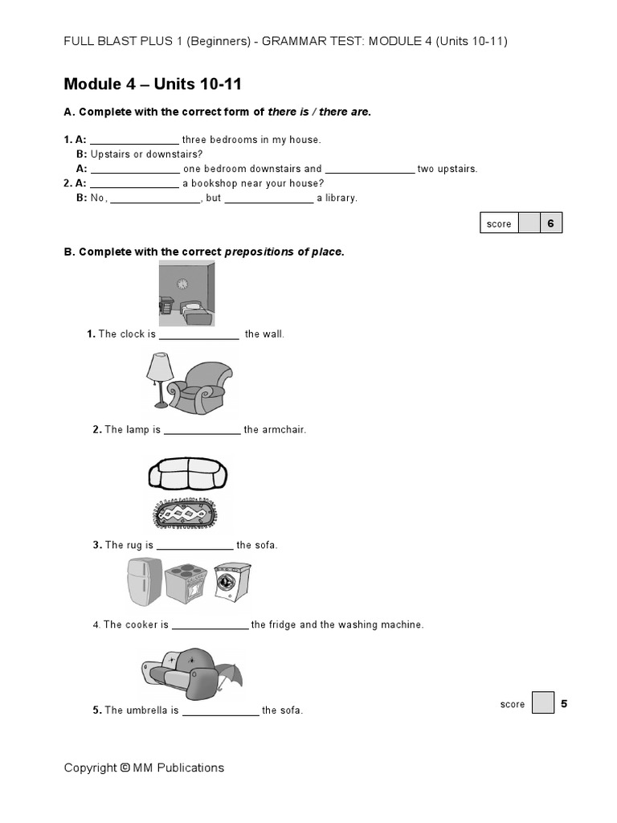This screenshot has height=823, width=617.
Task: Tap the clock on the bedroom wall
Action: pos(182,283)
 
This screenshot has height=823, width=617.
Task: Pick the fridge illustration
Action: pos(145,582)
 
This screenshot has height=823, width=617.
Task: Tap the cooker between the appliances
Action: pos(188,585)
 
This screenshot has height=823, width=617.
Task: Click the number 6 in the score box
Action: pos(551,223)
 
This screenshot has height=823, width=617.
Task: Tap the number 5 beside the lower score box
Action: pos(564,704)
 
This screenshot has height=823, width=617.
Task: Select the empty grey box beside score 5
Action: pos(543,704)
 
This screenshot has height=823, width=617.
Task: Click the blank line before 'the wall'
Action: pos(199,335)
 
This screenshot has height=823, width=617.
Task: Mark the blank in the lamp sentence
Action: pos(202,431)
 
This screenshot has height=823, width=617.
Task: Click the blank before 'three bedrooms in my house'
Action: pos(134,141)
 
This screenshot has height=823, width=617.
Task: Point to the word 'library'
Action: pos(341,198)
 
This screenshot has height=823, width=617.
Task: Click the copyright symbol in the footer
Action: pos(125,768)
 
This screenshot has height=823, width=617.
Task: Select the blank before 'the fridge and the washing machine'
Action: pos(210,625)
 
